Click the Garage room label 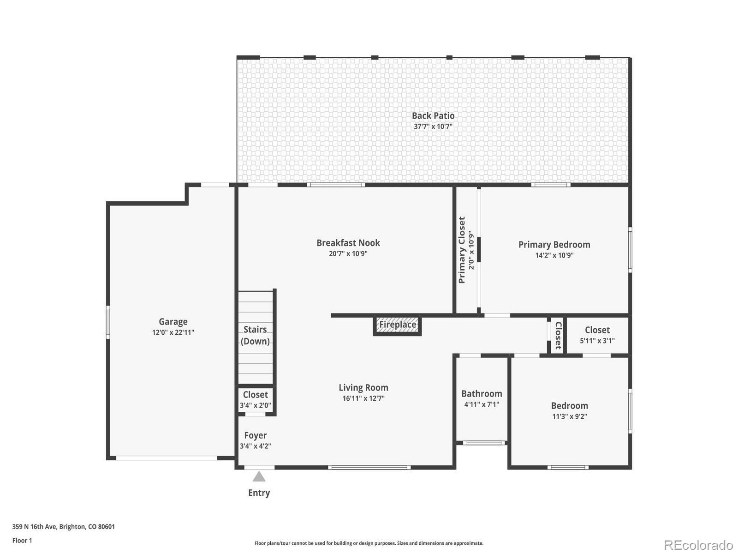point(173,322)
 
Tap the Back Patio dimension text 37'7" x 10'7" point(433,126)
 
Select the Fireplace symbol point(397,325)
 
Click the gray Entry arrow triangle point(259,477)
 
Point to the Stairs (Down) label point(255,335)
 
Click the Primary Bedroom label point(554,245)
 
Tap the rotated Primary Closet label point(462,250)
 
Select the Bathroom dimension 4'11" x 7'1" point(482,404)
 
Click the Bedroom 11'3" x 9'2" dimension point(570,416)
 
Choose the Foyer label point(255,435)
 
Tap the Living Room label point(363,388)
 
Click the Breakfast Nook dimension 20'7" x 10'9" point(348,253)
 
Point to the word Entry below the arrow point(259,493)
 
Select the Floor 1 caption point(22,540)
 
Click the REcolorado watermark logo point(698,545)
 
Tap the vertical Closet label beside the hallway point(558,335)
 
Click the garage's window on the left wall point(108,322)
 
